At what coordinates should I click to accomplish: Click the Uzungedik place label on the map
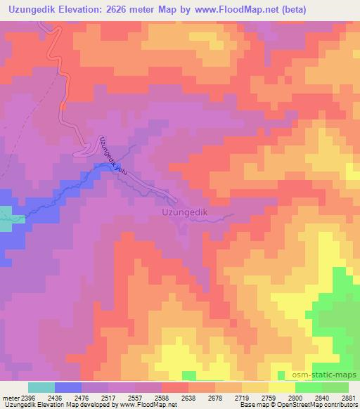point(187,210)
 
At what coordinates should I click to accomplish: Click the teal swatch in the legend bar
point(41,387)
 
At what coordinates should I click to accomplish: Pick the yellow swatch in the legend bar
point(281,387)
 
